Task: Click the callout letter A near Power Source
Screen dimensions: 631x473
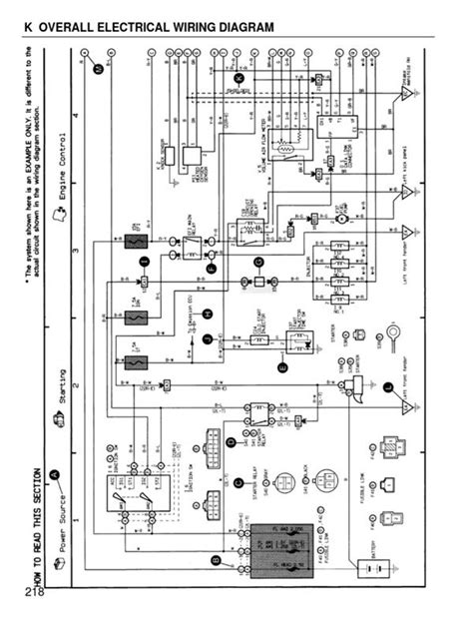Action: [56, 475]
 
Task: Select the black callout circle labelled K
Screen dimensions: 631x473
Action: [238, 77]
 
